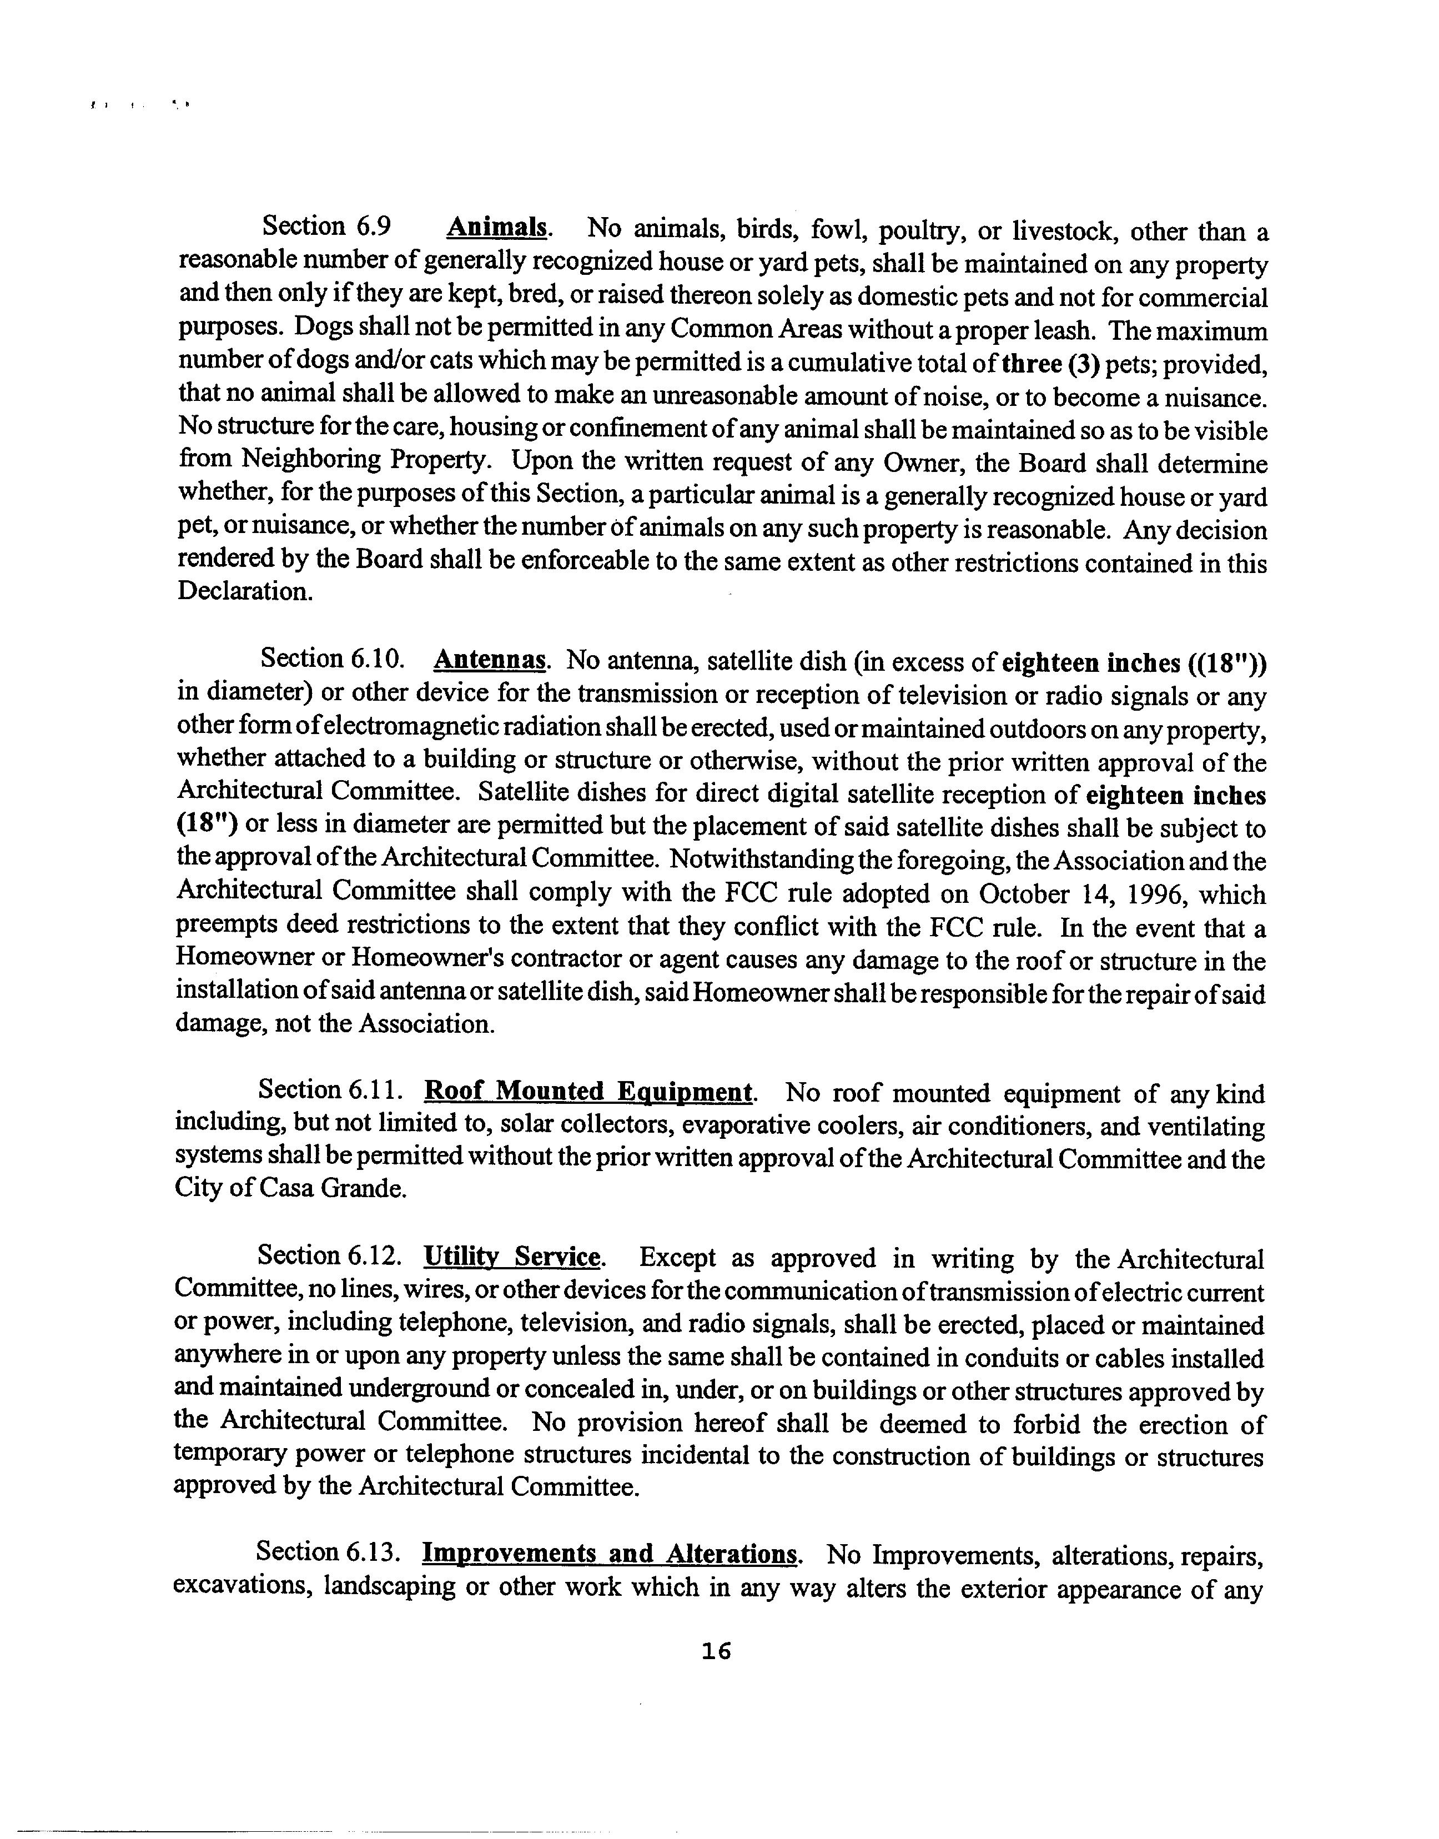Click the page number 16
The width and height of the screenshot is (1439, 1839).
(x=716, y=1652)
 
